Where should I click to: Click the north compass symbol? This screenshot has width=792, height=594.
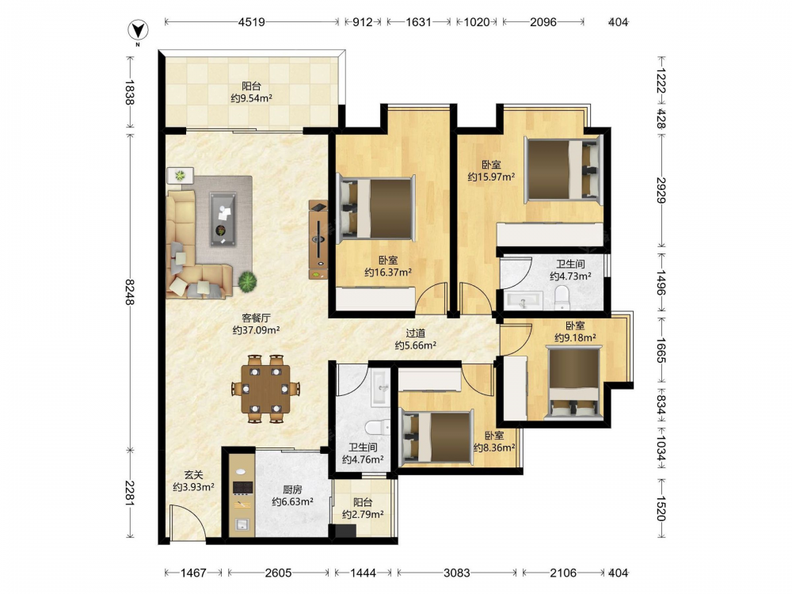137,32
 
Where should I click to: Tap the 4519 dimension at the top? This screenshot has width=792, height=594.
252,21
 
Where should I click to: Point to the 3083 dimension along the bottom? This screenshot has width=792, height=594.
457,573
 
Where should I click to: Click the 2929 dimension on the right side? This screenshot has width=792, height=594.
661,190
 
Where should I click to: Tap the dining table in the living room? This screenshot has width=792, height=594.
265,388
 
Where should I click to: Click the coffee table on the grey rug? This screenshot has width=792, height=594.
223,219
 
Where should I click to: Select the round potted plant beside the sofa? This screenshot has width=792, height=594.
247,281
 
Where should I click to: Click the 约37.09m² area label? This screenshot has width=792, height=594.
256,330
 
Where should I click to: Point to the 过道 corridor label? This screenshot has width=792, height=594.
416,333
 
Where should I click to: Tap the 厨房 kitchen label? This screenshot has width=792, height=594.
292,489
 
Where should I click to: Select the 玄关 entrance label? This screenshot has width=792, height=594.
193,474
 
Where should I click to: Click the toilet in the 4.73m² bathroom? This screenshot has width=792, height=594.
562,298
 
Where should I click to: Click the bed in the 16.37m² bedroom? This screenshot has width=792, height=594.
377,208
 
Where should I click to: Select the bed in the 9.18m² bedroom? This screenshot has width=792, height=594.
574,382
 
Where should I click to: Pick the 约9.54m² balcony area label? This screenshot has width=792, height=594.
252,98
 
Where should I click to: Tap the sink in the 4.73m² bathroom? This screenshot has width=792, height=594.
523,300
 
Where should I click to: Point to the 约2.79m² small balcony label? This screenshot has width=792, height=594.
363,515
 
